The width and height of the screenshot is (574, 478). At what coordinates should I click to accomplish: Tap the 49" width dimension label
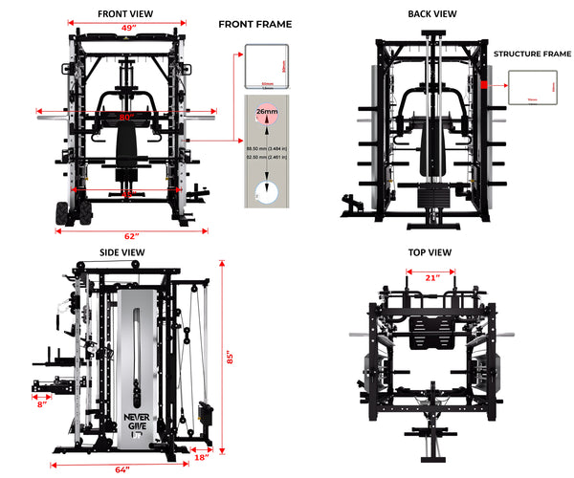coord(126,28)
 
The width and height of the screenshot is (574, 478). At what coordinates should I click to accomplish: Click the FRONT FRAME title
coord(255,24)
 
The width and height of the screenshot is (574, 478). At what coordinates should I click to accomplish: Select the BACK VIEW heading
coord(430,14)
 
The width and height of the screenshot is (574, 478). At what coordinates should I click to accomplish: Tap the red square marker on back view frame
coord(484,85)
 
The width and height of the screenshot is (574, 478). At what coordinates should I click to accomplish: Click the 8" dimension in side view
coord(42,404)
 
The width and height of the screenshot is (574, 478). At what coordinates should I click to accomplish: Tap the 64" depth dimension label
coord(121,468)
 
